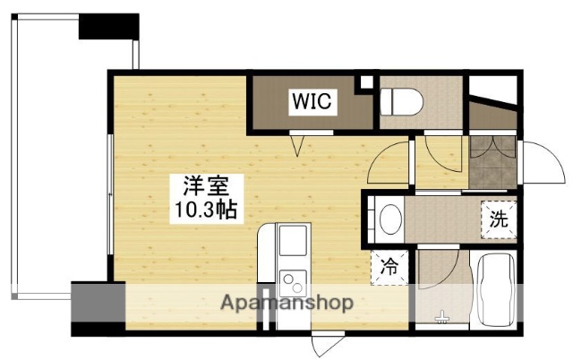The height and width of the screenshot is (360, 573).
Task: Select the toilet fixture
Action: click(399, 101)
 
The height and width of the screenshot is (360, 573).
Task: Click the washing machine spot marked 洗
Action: click(498, 219)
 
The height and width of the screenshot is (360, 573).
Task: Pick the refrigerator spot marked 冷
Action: click(391, 265)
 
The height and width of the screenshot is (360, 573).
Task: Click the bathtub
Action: click(493, 289)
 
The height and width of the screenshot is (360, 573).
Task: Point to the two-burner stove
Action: click(293, 284)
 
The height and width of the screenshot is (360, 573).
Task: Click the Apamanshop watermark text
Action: click(286, 303)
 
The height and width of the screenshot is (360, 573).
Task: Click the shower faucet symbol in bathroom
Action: click(440, 316)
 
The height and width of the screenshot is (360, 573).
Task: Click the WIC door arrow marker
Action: click(298, 140)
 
